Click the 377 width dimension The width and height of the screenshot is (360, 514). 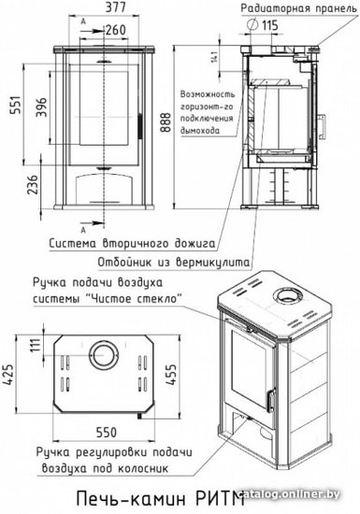[115, 7]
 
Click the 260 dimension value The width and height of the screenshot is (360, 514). [116, 30]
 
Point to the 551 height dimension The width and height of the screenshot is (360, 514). [16, 105]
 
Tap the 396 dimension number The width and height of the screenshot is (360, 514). [41, 107]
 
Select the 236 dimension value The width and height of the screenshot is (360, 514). [33, 184]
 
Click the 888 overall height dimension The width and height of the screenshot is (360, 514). [166, 121]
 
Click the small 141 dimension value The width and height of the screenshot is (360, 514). [214, 56]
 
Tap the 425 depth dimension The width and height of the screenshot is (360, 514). [8, 375]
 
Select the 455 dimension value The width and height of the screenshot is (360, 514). [171, 374]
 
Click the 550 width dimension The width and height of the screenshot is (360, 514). [107, 432]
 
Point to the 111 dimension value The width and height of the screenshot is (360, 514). [36, 345]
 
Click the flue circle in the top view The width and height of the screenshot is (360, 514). [103, 355]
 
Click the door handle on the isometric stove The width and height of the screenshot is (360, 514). [271, 400]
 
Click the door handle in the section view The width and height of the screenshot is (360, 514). [322, 126]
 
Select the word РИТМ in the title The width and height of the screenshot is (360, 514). [220, 499]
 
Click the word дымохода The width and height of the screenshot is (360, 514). [200, 131]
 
